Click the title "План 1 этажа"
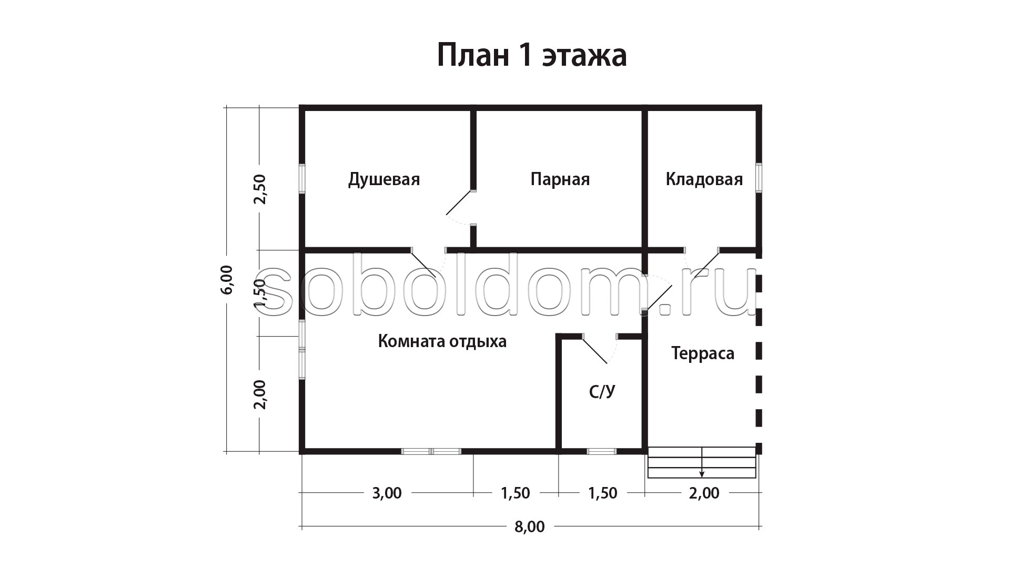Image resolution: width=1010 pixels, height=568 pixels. tap(532, 55)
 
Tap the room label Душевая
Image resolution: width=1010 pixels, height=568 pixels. tap(384, 180)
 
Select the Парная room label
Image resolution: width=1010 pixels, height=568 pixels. tap(560, 180)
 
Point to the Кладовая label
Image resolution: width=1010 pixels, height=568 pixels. tap(704, 179)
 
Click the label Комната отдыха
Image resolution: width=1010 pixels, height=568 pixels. tap(442, 342)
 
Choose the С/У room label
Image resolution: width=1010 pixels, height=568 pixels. tap(602, 391)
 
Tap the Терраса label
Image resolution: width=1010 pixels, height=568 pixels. tap(703, 353)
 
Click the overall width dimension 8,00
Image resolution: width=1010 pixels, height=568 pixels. tap(530, 526)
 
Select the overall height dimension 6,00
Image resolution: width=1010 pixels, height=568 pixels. tap(227, 279)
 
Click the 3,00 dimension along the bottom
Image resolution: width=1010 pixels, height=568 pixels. tap(387, 493)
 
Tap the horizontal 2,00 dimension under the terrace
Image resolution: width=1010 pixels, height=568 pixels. tap(704, 493)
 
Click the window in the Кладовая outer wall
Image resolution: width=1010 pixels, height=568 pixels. tap(759, 178)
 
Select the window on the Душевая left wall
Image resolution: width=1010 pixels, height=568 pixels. tap(302, 179)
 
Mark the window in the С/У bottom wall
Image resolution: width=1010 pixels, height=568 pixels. tap(601, 451)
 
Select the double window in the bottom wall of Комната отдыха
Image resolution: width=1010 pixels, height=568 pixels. tap(431, 451)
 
